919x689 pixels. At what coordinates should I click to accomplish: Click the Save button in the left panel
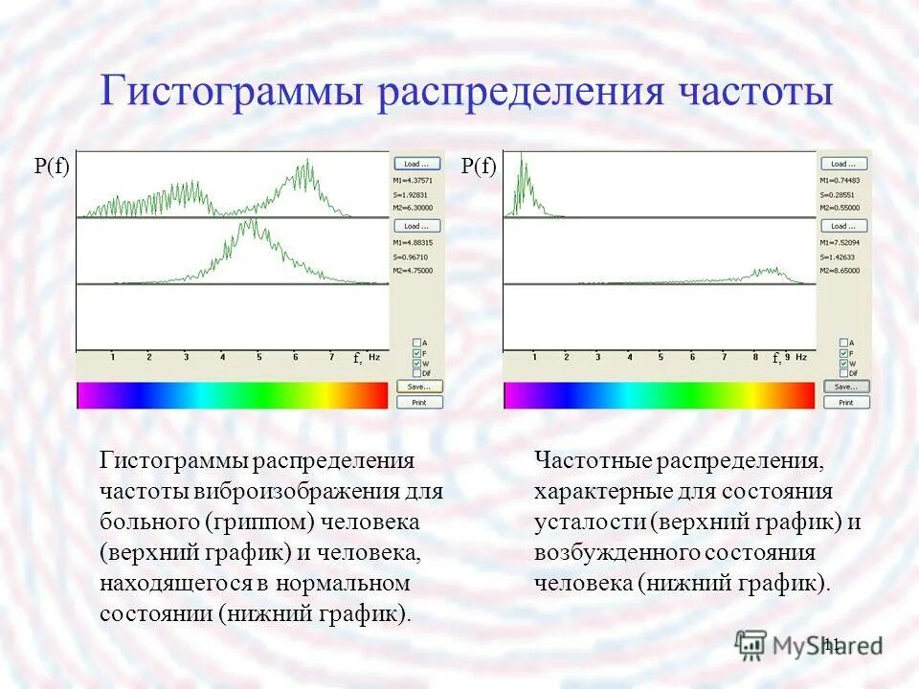pos(419,387)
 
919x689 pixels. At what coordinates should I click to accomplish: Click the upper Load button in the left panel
pos(419,164)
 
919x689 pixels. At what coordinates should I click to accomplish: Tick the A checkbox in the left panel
pos(415,343)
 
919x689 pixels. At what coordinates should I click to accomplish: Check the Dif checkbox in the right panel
pos(842,372)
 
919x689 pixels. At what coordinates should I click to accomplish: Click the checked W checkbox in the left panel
pos(415,363)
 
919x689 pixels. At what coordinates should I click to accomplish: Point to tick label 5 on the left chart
pos(258,357)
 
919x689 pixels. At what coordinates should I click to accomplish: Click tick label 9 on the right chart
pos(787,357)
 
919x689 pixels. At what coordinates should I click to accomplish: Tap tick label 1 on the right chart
pos(534,357)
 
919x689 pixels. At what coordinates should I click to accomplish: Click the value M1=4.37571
pos(414,180)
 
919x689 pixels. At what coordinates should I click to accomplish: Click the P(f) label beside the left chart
pos(53,167)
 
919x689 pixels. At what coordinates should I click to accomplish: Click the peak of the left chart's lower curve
pos(251,222)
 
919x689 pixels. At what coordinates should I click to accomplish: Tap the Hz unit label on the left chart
pos(374,357)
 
